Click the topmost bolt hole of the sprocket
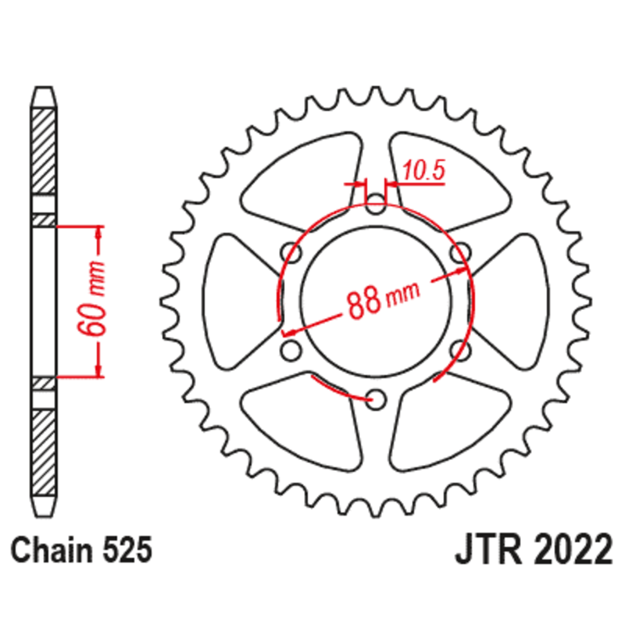click(x=376, y=207)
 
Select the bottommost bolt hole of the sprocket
click(x=376, y=400)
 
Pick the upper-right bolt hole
click(x=463, y=252)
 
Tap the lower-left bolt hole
click(x=290, y=352)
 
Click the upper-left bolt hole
click(x=291, y=253)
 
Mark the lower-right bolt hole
click(x=461, y=352)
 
